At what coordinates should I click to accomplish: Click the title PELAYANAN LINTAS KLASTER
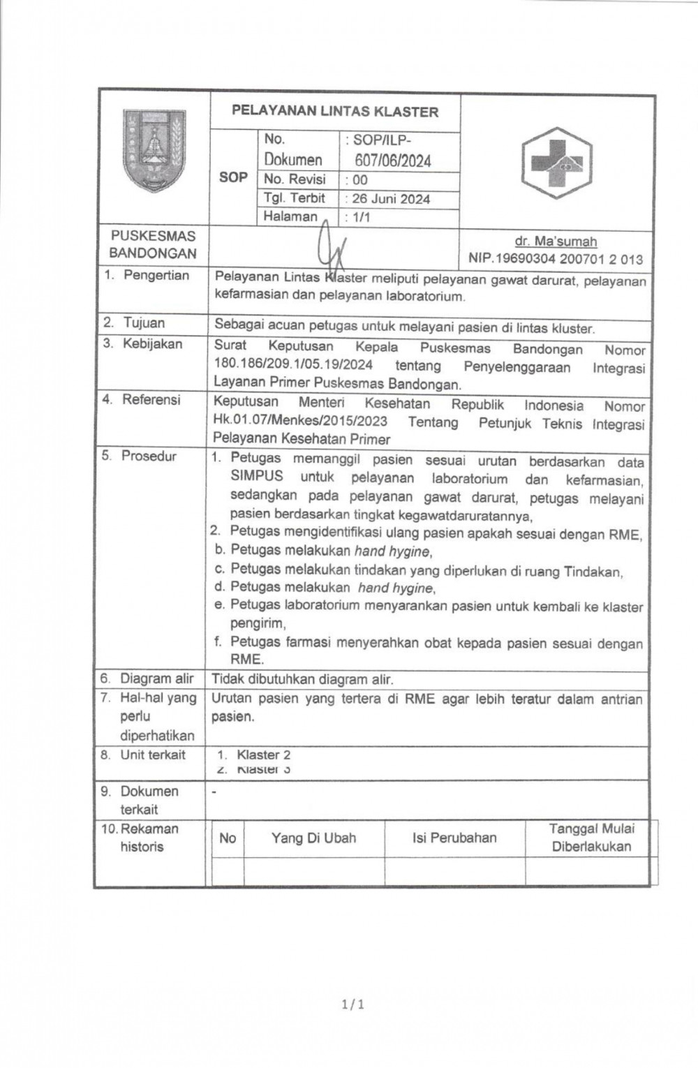coord(335,111)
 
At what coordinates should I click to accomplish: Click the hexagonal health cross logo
coord(556,163)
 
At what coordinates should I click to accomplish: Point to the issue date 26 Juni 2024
coord(391,199)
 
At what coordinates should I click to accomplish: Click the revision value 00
coord(360,180)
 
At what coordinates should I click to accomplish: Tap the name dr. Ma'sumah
coord(556,242)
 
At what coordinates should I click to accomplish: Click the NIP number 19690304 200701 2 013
coord(556,259)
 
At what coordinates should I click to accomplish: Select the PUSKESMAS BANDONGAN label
coord(153,244)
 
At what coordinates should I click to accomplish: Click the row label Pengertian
coord(156,275)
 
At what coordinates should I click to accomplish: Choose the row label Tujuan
coord(144,322)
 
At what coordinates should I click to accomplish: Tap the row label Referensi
coord(151,399)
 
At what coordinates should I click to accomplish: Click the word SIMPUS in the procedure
coord(257,476)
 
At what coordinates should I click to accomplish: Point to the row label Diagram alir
coord(156,678)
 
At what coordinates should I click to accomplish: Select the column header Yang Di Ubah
coord(313,838)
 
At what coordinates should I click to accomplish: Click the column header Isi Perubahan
coord(454,838)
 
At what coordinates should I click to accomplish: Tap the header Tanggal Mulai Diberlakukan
coord(591,838)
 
